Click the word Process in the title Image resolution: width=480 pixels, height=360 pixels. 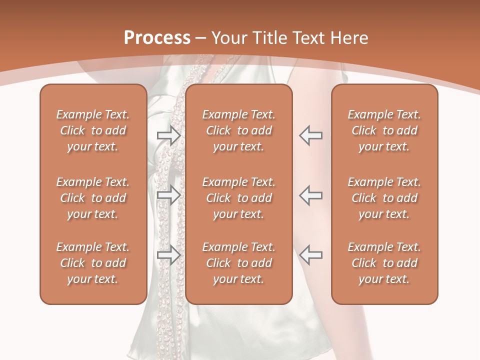tap(157, 37)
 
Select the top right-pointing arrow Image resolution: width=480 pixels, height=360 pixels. tap(169, 135)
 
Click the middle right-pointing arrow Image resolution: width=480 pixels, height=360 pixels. tap(169, 195)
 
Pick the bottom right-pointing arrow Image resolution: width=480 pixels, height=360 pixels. tap(169, 255)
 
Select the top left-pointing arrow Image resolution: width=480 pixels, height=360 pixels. tap(310, 135)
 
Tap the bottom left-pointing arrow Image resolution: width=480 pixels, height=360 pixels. tap(310, 255)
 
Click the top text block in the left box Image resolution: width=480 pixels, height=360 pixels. tap(93, 130)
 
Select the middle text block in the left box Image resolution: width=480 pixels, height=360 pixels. tap(93, 198)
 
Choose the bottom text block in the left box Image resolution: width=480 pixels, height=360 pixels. tap(93, 263)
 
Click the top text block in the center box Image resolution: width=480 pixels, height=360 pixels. tap(238, 130)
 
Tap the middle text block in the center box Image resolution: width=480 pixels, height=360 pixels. tap(238, 198)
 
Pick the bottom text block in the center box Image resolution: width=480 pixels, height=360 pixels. tap(238, 263)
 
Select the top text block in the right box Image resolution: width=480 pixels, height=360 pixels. tap(384, 130)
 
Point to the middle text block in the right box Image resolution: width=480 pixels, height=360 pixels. tap(384, 198)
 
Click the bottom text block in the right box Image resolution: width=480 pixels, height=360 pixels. tap(384, 263)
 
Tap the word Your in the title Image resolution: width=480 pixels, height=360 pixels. tap(228, 37)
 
